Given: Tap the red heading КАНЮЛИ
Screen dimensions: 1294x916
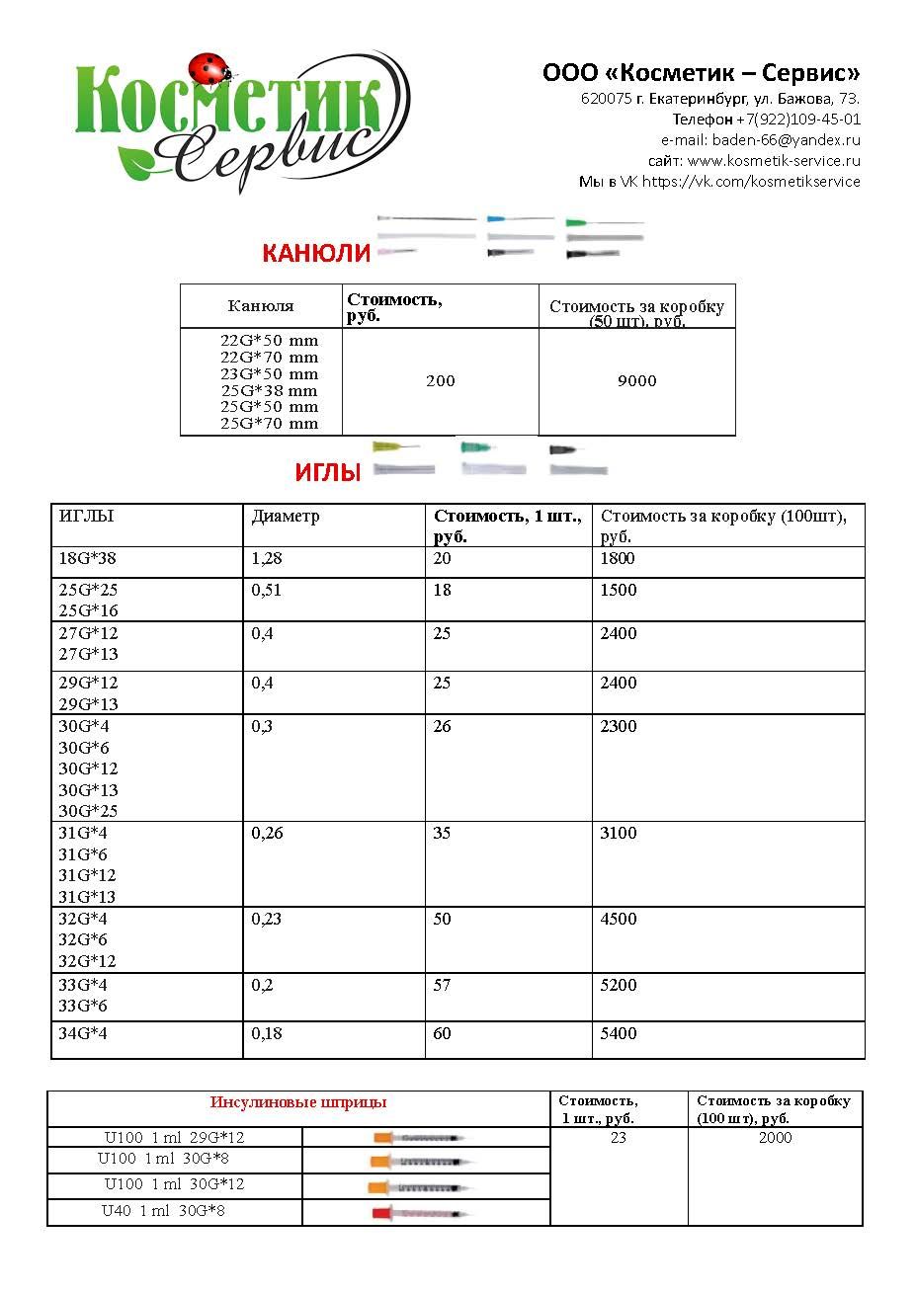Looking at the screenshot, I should pyautogui.click(x=316, y=254).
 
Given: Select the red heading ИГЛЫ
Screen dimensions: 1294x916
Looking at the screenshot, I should pyautogui.click(x=327, y=473).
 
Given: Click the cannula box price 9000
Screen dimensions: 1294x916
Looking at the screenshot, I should pyautogui.click(x=636, y=381).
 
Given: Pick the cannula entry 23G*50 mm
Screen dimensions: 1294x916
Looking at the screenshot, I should pyautogui.click(x=269, y=374).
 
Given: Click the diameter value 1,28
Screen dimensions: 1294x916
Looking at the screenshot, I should pyautogui.click(x=267, y=559).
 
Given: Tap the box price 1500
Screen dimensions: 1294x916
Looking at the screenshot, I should pyautogui.click(x=619, y=591).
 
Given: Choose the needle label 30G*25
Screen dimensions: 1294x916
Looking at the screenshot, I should pyautogui.click(x=88, y=811).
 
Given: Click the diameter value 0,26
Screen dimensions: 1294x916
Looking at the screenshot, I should pyautogui.click(x=267, y=834).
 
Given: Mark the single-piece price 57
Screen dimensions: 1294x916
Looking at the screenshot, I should pyautogui.click(x=442, y=986).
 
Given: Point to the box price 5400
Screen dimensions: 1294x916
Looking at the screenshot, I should pyautogui.click(x=619, y=1034).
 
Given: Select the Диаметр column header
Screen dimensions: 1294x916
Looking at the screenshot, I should pyautogui.click(x=286, y=517).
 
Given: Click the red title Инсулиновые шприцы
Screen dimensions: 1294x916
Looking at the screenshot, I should pyautogui.click(x=298, y=1102).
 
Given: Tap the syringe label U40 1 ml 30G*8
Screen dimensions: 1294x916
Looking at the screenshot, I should pyautogui.click(x=164, y=1211).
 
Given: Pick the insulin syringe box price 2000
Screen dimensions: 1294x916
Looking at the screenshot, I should pyautogui.click(x=775, y=1138).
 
